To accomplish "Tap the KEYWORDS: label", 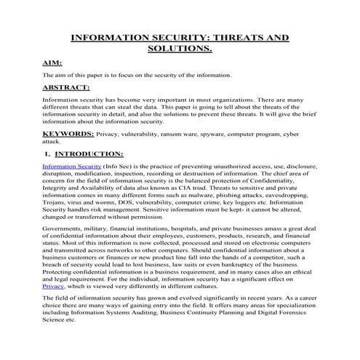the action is tap(68, 134).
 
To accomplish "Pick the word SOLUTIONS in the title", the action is tap(179, 49).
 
